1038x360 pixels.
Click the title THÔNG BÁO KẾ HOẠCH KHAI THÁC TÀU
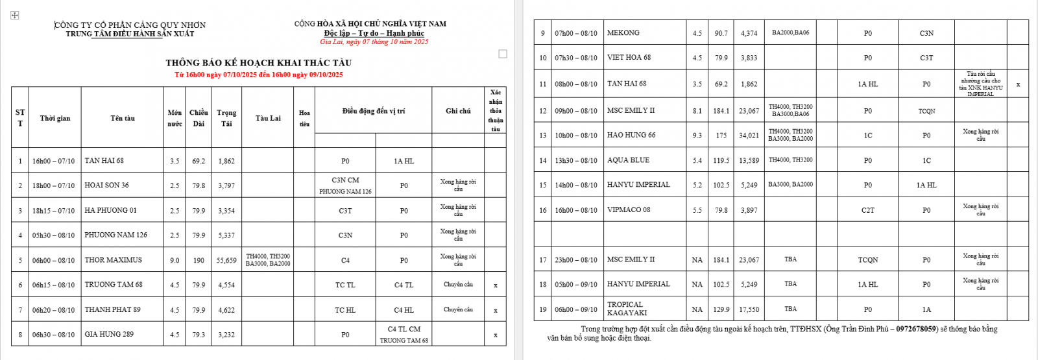tap(258, 63)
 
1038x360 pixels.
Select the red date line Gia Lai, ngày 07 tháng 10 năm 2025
tap(374, 42)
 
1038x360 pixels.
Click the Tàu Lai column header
tap(267, 118)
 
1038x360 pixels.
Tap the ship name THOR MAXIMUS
tap(113, 260)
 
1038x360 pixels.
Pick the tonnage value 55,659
tap(226, 260)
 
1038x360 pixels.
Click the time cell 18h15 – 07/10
tap(53, 211)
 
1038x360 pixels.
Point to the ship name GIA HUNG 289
tap(109, 335)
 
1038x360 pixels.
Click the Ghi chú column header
tap(458, 111)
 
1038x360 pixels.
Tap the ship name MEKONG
tap(623, 33)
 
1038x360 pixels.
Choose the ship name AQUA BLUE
tap(628, 160)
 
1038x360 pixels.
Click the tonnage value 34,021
tap(749, 136)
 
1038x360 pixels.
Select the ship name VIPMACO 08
tap(628, 210)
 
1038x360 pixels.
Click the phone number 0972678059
tap(917, 329)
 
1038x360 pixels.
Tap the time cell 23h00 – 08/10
tap(575, 260)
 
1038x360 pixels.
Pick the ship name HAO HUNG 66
tap(631, 136)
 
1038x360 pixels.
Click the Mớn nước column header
tap(175, 118)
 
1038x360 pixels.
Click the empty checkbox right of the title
tap(503, 54)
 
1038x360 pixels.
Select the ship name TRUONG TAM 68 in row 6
tap(114, 285)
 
